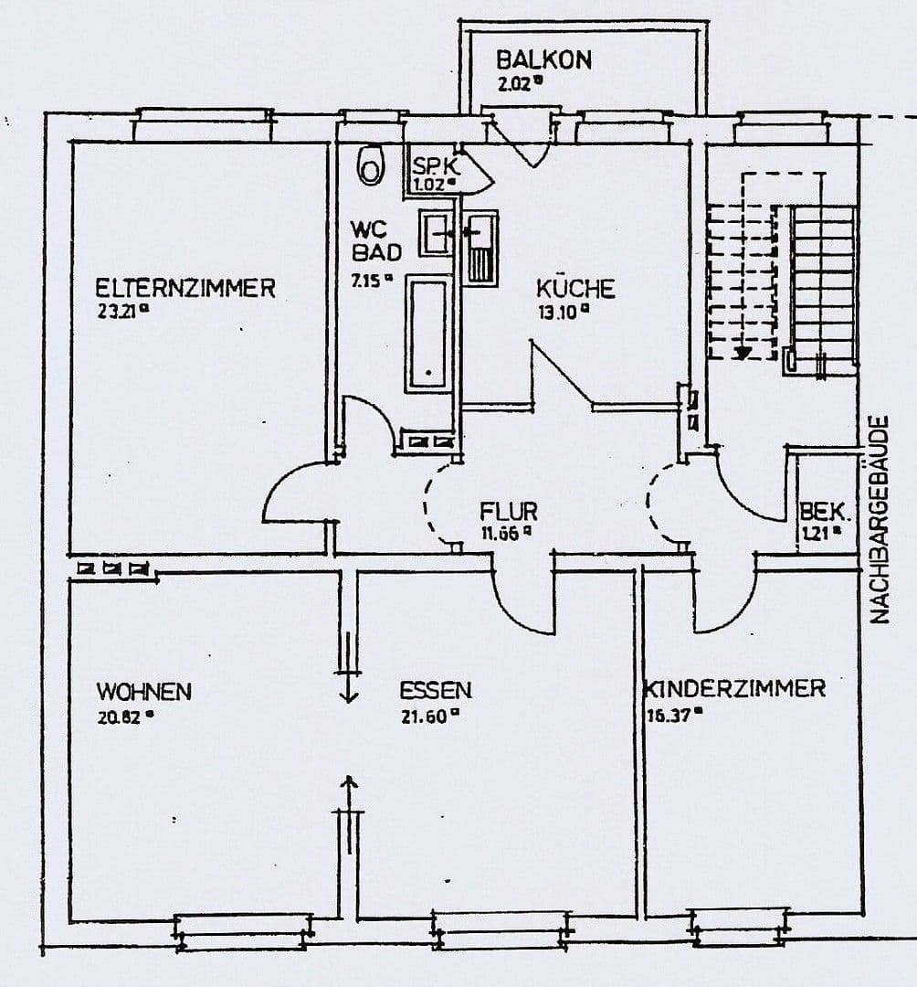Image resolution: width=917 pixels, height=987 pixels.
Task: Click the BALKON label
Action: (543, 60)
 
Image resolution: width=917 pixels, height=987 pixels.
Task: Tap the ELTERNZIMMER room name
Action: (185, 288)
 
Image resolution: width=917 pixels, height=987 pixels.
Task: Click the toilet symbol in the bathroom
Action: (371, 164)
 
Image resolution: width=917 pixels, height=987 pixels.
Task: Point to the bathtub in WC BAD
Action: (427, 335)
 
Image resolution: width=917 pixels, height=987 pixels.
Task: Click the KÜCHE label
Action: (574, 289)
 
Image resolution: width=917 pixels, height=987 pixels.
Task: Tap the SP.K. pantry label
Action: (435, 166)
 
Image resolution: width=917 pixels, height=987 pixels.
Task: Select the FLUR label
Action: (509, 512)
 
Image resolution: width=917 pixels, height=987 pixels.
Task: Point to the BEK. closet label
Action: (818, 512)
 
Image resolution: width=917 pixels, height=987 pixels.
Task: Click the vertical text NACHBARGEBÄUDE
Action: (880, 520)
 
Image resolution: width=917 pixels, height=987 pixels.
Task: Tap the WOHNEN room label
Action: (144, 691)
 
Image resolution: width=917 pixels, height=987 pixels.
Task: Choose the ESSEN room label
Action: (435, 690)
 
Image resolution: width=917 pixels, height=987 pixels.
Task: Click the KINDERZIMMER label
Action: (735, 688)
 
